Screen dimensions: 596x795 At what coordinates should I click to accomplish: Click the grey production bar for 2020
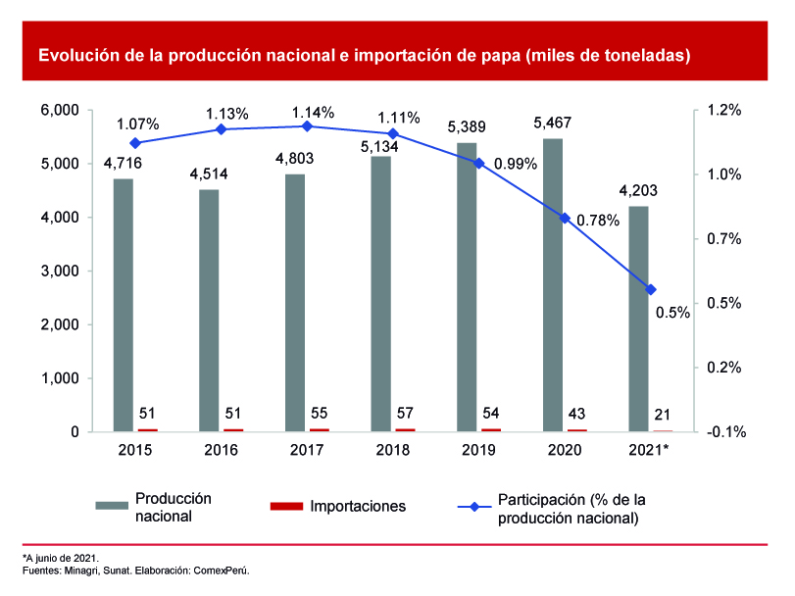[553, 284]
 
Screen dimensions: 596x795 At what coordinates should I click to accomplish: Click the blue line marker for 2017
[307, 126]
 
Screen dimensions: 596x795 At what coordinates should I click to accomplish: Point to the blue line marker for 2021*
[650, 289]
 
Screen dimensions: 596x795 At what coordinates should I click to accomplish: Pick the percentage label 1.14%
[313, 112]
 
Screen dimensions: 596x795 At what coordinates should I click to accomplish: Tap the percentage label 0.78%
[598, 221]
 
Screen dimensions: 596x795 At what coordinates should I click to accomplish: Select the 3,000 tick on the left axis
[60, 272]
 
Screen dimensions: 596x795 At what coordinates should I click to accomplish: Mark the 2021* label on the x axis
[648, 449]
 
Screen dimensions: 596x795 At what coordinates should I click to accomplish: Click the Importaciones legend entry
[357, 507]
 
